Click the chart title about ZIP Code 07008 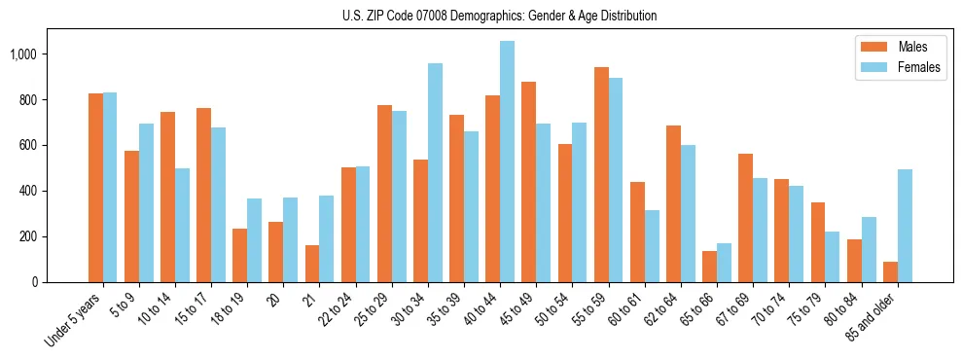(499, 16)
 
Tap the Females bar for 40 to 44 (507, 162)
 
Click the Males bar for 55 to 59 (601, 175)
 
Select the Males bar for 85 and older (890, 271)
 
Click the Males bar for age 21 (312, 264)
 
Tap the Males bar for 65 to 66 (709, 267)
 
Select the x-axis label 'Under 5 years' (74, 320)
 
